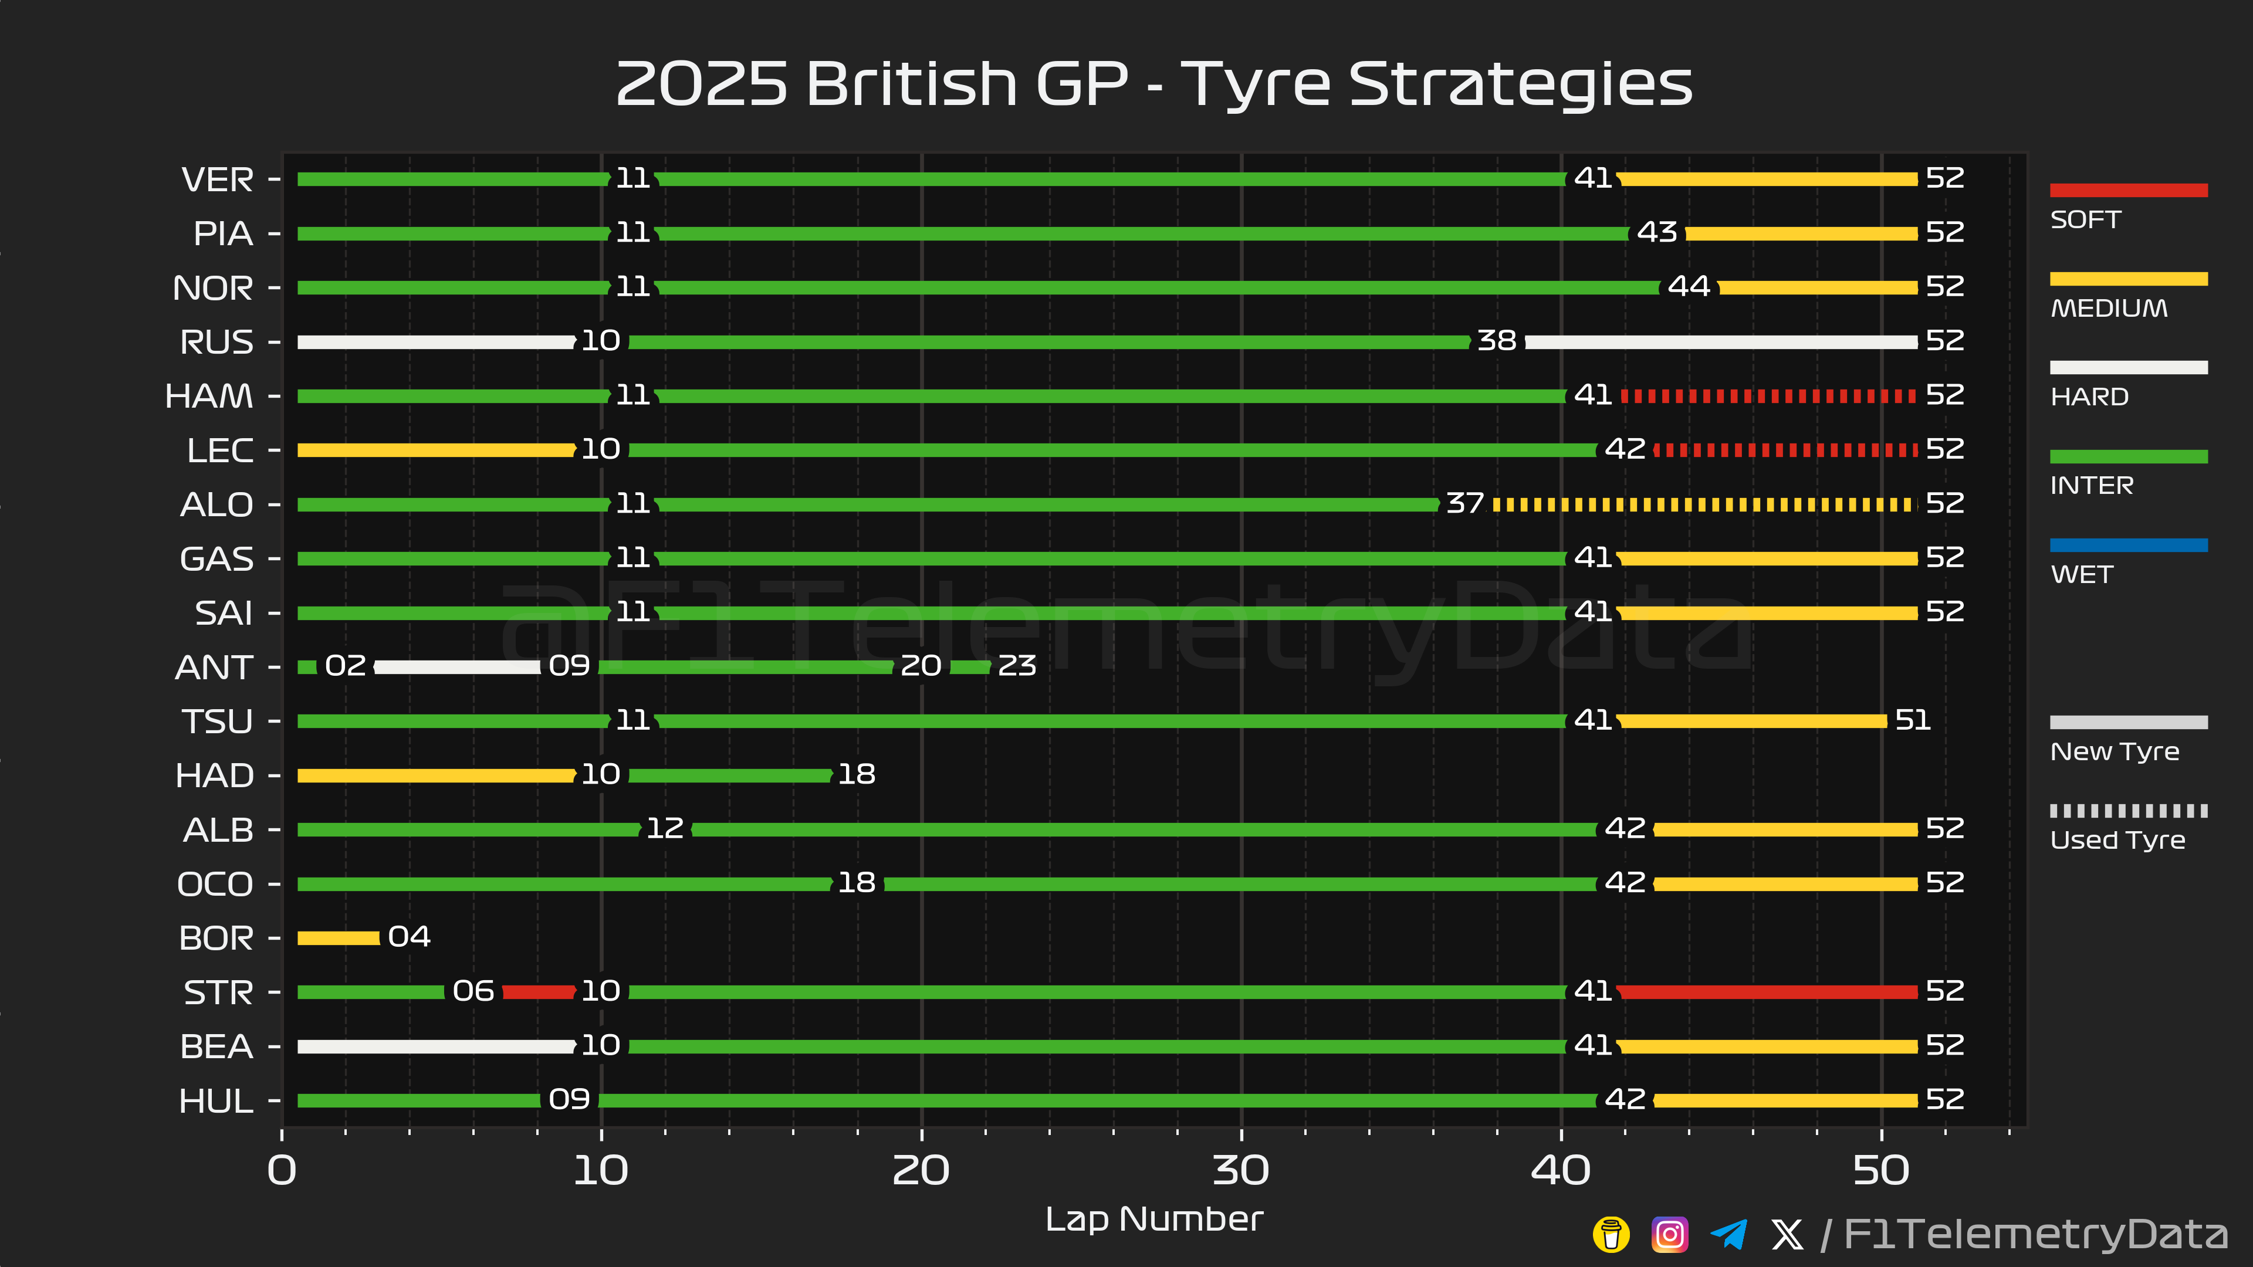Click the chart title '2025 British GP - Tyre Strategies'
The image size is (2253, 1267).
(x=1153, y=85)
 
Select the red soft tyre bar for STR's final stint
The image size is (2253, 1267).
(x=1767, y=991)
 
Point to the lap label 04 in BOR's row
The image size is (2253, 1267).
(x=408, y=937)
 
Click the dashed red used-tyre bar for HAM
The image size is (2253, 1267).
(x=1767, y=396)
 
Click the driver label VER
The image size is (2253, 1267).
(x=218, y=180)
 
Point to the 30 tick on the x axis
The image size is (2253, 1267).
(x=1240, y=1170)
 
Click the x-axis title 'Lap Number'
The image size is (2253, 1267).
(x=1153, y=1219)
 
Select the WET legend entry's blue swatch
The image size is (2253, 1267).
(x=2128, y=546)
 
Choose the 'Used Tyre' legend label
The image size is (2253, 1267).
(x=2116, y=841)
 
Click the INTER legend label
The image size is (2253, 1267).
(x=2091, y=485)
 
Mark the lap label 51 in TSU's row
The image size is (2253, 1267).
(x=1913, y=720)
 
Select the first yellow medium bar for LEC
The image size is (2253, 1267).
(x=435, y=450)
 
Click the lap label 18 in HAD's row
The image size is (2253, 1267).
(x=856, y=774)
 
